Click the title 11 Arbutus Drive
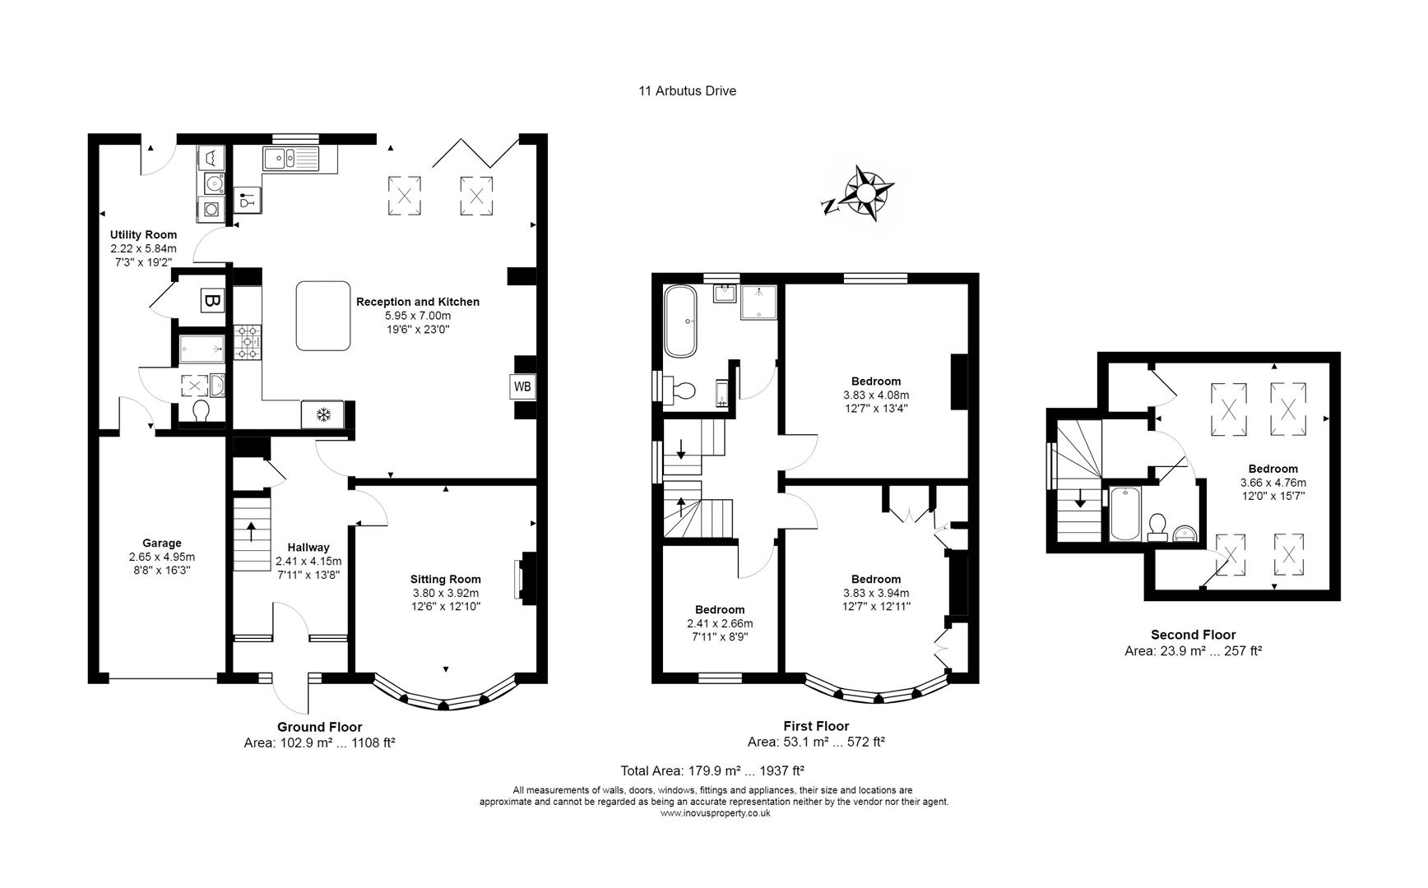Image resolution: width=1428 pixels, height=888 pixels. pos(687,91)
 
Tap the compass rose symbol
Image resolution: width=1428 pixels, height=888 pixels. pos(866,193)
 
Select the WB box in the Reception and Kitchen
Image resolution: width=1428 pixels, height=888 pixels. pos(522,386)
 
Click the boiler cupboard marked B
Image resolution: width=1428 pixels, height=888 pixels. pos(211,301)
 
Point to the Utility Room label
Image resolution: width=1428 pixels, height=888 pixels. pos(143,235)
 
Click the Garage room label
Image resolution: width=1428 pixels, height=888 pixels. pos(161,543)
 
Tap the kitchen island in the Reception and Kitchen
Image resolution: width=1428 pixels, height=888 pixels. pos(322,316)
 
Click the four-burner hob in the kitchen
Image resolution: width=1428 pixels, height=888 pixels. pos(248,341)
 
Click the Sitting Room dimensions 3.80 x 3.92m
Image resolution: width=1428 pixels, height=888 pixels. pos(445,593)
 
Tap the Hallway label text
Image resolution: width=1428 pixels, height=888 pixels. pos(308,548)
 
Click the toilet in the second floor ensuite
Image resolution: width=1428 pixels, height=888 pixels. pos(1158,525)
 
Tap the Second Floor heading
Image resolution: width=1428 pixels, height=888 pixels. pos(1193,635)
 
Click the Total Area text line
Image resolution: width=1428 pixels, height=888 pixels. pos(712,770)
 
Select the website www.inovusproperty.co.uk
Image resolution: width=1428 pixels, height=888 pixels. pos(714,813)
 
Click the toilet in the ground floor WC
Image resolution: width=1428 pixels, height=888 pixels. pos(202,409)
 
